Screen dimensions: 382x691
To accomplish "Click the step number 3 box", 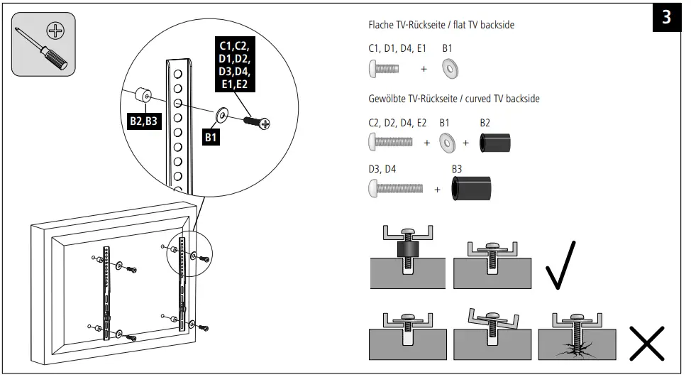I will (x=666, y=18).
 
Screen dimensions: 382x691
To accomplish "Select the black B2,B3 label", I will (x=143, y=121).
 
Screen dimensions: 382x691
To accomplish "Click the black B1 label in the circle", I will (x=211, y=137).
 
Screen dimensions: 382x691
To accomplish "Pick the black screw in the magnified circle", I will (x=257, y=122).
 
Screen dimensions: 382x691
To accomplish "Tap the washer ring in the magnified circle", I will (x=221, y=113).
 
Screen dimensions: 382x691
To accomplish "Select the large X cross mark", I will (x=646, y=342).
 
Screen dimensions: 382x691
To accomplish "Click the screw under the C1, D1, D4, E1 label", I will (x=384, y=69).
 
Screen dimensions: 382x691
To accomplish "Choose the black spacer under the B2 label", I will (x=495, y=142).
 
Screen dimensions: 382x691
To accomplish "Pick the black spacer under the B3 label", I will (x=472, y=189).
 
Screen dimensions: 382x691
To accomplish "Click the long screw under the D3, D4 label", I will (x=395, y=189).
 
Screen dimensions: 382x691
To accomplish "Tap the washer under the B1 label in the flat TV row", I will (x=449, y=69).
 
